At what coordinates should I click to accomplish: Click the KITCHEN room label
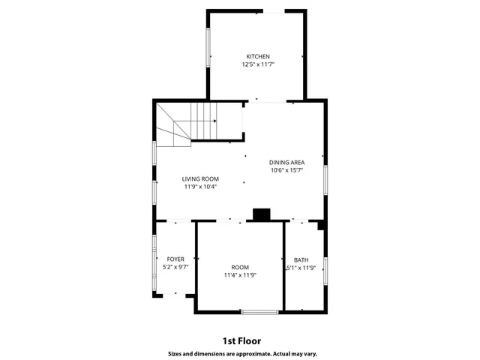[x=258, y=56]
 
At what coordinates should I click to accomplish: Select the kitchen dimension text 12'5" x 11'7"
[x=258, y=65]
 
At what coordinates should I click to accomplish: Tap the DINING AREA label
[x=286, y=162]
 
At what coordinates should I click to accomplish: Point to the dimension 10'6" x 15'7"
[x=286, y=170]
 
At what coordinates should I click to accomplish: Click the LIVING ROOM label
[x=200, y=178]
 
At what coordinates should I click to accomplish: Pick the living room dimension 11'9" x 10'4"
[x=200, y=187]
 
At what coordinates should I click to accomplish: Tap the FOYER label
[x=175, y=259]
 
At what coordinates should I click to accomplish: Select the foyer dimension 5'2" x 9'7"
[x=175, y=267]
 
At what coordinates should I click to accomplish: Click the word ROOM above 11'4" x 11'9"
[x=240, y=267]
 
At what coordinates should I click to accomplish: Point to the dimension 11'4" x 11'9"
[x=240, y=275]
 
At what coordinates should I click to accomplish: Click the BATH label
[x=301, y=259]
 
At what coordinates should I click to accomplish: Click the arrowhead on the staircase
[x=215, y=121]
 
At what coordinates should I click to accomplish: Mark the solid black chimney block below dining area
[x=261, y=215]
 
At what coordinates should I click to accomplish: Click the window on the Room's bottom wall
[x=259, y=311]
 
